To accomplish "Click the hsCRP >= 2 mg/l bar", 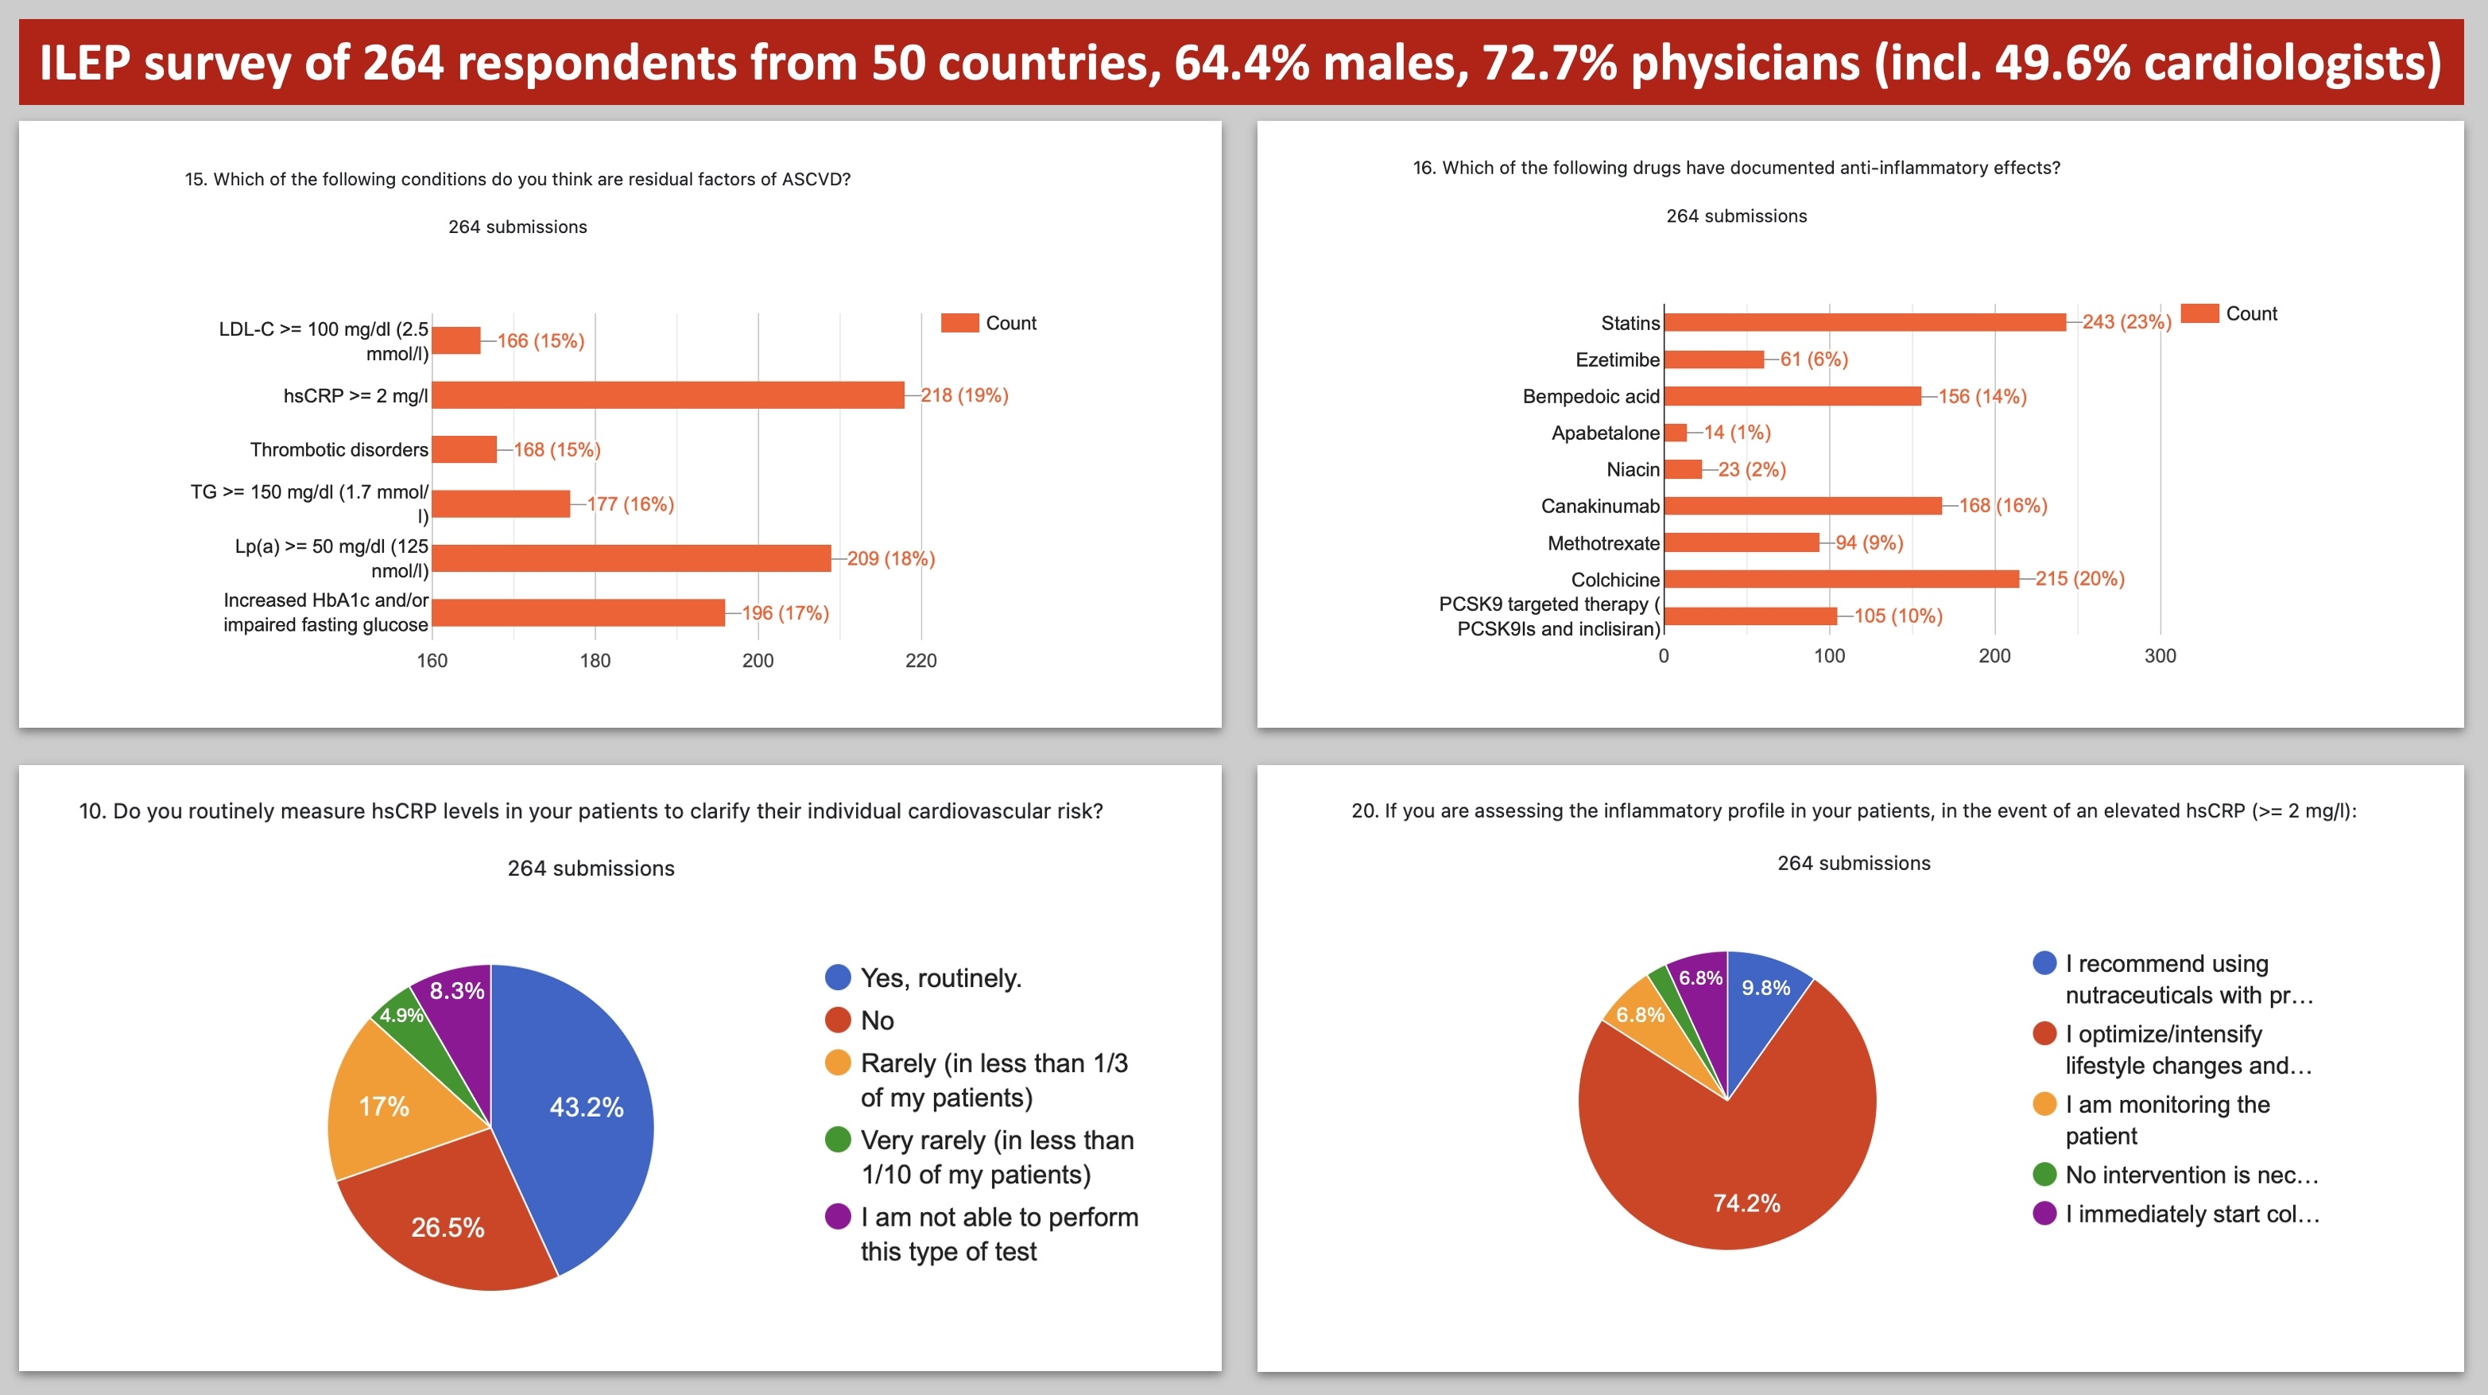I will pos(668,395).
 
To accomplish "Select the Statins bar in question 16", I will pos(1864,323).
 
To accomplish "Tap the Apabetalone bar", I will pos(1676,433).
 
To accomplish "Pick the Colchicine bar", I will pos(1841,579).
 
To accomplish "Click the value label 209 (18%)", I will pos(890,558).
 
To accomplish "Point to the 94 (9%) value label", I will pos(1869,543).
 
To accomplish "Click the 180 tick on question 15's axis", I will pos(595,661).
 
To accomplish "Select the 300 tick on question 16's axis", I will pos(2160,656).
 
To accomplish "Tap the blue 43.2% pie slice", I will pos(579,1111).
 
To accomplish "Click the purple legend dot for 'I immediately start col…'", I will pos(2044,1214).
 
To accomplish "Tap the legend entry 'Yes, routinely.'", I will pos(940,978).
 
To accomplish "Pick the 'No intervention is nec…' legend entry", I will pos(2191,1175).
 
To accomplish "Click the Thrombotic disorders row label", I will pos(339,450).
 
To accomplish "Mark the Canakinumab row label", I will pos(1599,506).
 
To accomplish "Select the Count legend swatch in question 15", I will pos(960,323).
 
